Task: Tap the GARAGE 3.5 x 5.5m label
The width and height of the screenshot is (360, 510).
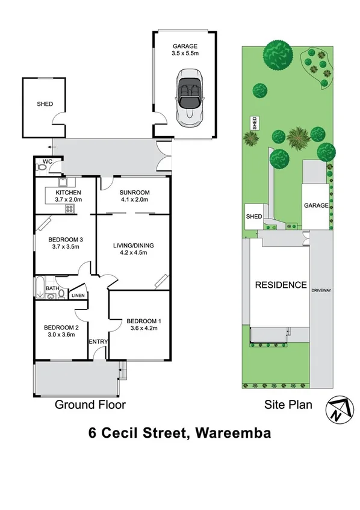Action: click(184, 49)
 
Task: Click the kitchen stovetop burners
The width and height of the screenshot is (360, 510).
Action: click(69, 209)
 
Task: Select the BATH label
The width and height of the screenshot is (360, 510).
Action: click(52, 288)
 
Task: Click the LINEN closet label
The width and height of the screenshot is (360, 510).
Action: click(78, 296)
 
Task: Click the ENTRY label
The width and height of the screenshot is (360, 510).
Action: click(98, 342)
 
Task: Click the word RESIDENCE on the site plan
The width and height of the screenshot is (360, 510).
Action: click(280, 285)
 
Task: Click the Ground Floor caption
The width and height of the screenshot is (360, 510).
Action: click(90, 405)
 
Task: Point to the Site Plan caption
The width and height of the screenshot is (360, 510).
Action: click(288, 405)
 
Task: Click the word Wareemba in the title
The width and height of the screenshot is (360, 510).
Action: click(234, 433)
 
